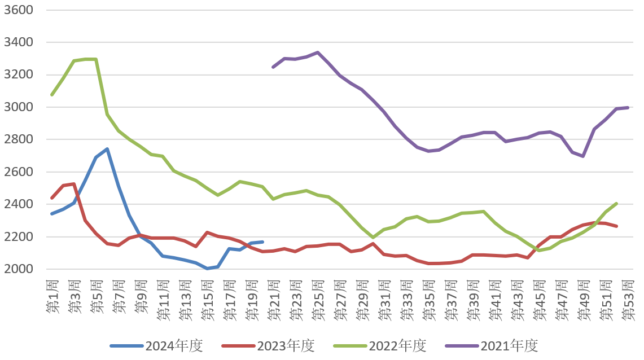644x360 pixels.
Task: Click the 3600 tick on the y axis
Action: [x=19, y=10]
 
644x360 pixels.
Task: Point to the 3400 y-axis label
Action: [x=19, y=42]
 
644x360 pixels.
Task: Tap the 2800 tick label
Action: [x=19, y=139]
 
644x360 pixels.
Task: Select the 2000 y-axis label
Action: [x=19, y=269]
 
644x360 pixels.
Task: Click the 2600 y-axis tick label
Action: [x=19, y=172]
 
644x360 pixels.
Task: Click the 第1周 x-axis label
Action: [x=52, y=297]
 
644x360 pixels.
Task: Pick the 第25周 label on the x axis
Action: [x=318, y=300]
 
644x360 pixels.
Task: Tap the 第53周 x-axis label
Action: [x=628, y=300]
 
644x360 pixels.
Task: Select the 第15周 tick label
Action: [x=207, y=300]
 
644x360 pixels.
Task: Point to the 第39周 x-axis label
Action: [x=473, y=300]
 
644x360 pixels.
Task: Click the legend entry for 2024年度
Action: [x=156, y=346]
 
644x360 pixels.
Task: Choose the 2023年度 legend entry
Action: [x=268, y=346]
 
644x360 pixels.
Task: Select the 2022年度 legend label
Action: [x=380, y=346]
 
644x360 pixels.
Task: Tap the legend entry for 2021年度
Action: [x=492, y=346]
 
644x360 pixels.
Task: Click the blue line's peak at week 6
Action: [x=107, y=149]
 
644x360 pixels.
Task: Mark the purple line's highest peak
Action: [x=318, y=52]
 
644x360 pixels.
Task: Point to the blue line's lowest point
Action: [x=207, y=269]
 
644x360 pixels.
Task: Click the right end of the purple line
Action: [x=628, y=108]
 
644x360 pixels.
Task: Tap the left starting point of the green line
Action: [x=52, y=95]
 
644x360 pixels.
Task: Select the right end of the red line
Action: [x=617, y=226]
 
